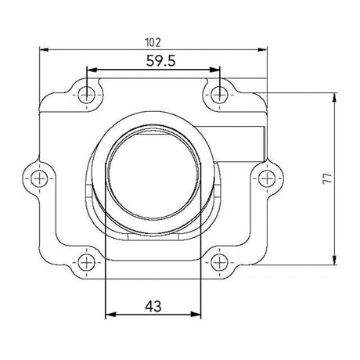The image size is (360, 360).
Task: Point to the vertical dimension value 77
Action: (346, 178)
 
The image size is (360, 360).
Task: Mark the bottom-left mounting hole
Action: (88, 263)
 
